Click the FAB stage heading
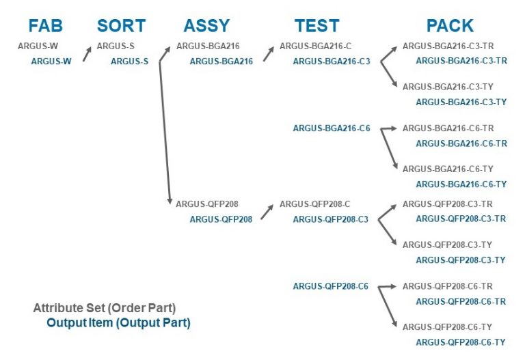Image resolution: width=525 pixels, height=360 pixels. coord(45,26)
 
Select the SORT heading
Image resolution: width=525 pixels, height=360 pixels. coord(121,26)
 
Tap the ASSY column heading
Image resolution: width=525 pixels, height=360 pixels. coord(206,26)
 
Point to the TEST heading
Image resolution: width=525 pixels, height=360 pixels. coord(317,26)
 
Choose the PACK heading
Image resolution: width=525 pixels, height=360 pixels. coord(449,26)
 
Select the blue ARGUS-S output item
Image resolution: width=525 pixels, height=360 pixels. coord(129,61)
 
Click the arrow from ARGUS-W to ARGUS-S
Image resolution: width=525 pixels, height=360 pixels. coord(87,54)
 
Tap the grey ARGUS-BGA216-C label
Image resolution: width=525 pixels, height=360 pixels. coord(315,46)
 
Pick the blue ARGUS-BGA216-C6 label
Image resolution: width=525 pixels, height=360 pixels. coord(331,128)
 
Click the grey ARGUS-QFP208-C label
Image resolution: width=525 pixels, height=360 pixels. coord(315,204)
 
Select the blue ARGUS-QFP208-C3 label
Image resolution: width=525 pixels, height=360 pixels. coord(331,219)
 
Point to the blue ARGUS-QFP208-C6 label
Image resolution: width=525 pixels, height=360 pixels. coord(331,287)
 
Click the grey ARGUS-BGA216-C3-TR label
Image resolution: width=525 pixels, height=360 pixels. coord(448,46)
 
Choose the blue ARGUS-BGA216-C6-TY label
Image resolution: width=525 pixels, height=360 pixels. coord(461,184)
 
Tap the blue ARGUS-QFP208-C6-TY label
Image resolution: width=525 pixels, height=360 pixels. coord(461,342)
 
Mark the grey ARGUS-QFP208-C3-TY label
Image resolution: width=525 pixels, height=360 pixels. coord(448,245)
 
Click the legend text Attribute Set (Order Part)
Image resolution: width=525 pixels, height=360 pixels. coord(109,308)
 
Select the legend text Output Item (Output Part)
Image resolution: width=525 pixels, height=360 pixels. coord(118,322)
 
